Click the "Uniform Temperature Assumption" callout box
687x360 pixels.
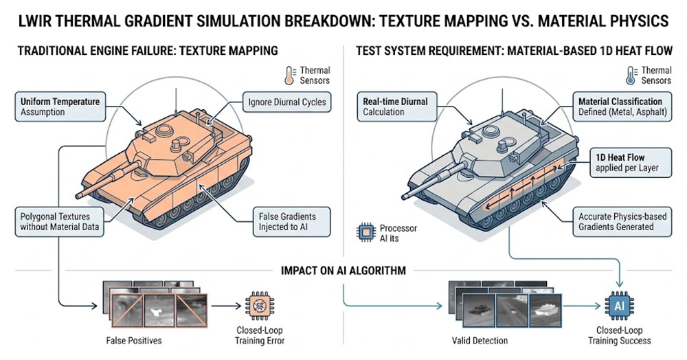pyautogui.click(x=60, y=106)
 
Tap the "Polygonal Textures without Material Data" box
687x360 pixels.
pyautogui.click(x=57, y=222)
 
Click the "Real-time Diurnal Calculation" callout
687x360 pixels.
pyautogui.click(x=395, y=106)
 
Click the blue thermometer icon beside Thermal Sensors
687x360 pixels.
pyautogui.click(x=629, y=75)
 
